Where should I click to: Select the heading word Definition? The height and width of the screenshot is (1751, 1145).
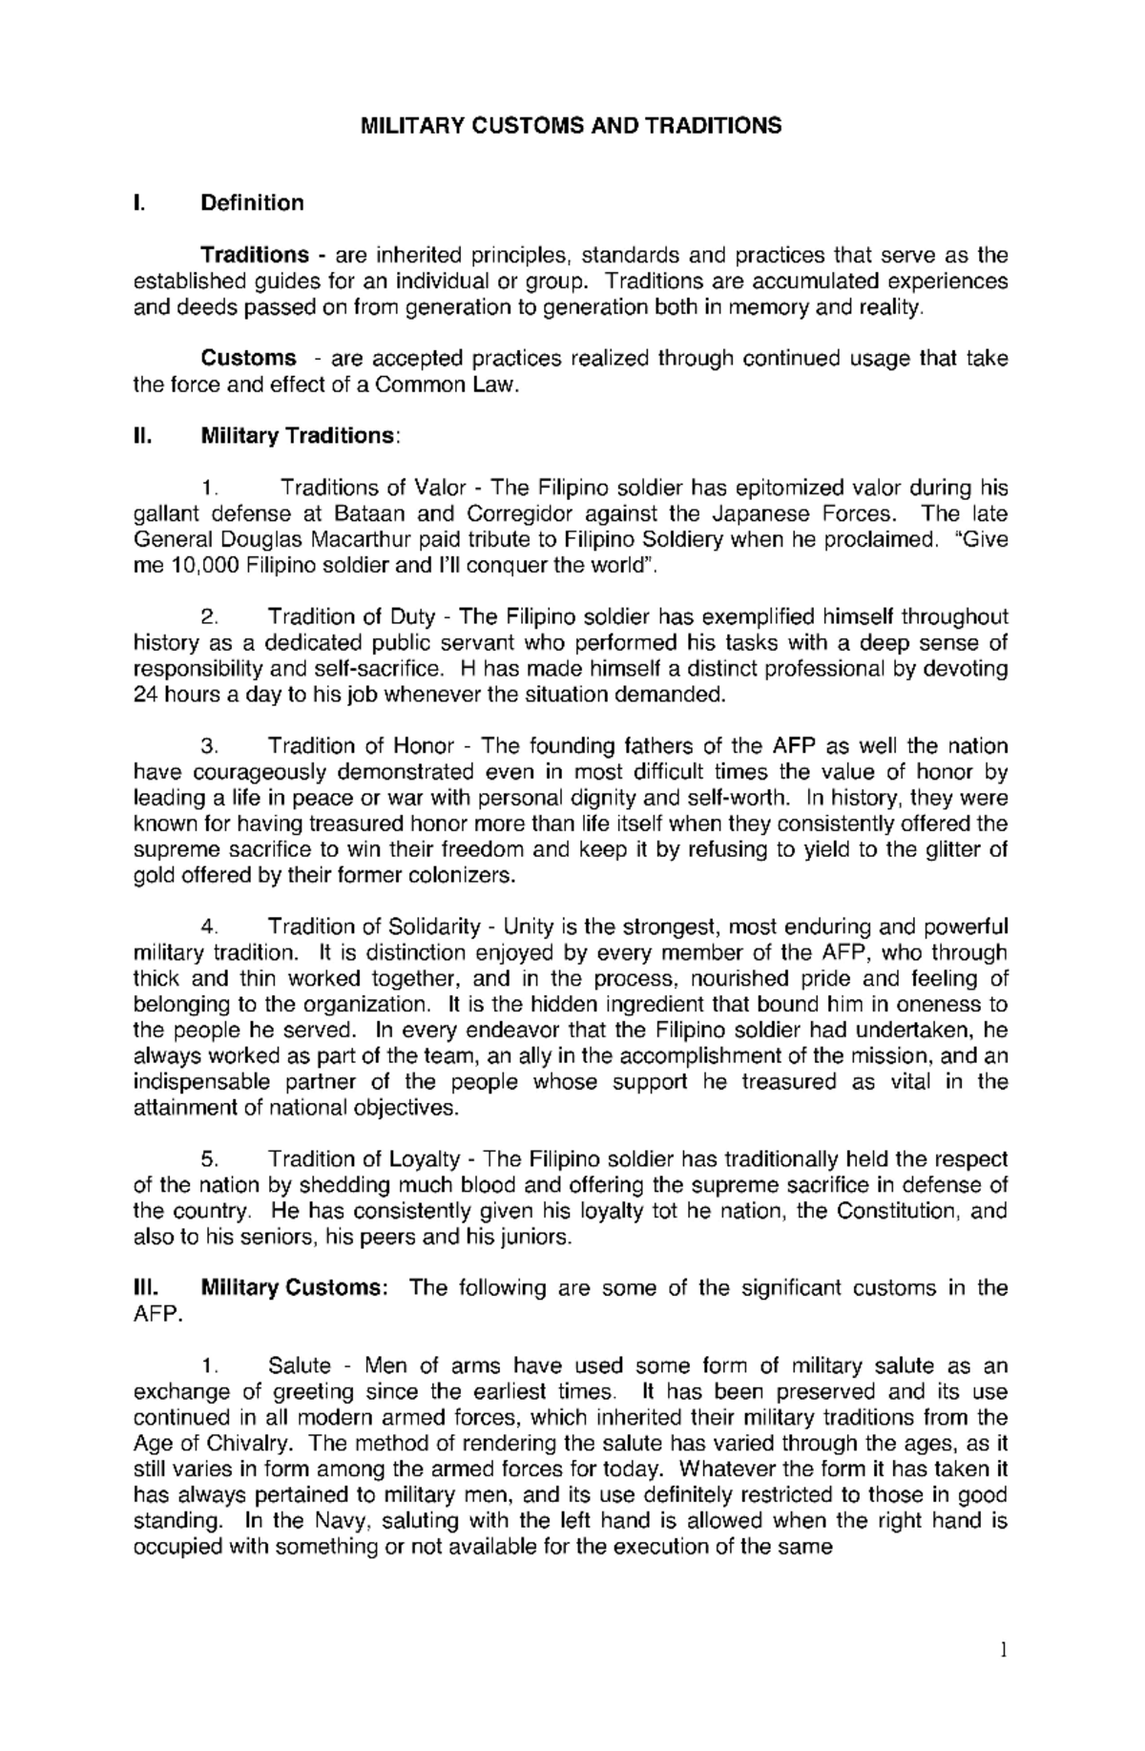tap(252, 203)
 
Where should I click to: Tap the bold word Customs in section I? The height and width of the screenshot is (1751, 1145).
tap(248, 359)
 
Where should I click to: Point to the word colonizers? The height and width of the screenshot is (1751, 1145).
tap(467, 875)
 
